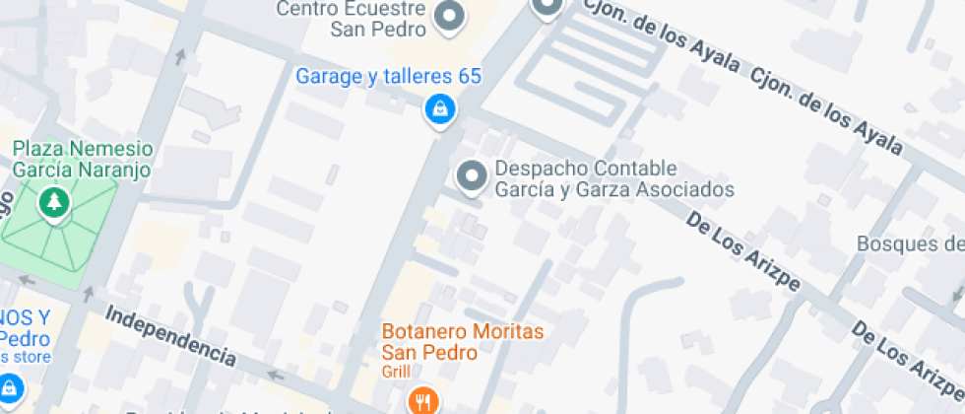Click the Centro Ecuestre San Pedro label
[x=351, y=19]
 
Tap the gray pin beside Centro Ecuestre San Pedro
[x=450, y=17]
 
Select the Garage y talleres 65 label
[x=388, y=77]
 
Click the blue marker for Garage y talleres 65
[x=439, y=108]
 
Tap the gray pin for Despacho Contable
[x=473, y=177]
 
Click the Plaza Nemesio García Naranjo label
[x=81, y=159]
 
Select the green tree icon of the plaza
[x=53, y=203]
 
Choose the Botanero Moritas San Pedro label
[x=455, y=341]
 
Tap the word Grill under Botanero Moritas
[x=399, y=373]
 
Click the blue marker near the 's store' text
[x=10, y=387]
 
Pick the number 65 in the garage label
[x=469, y=77]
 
